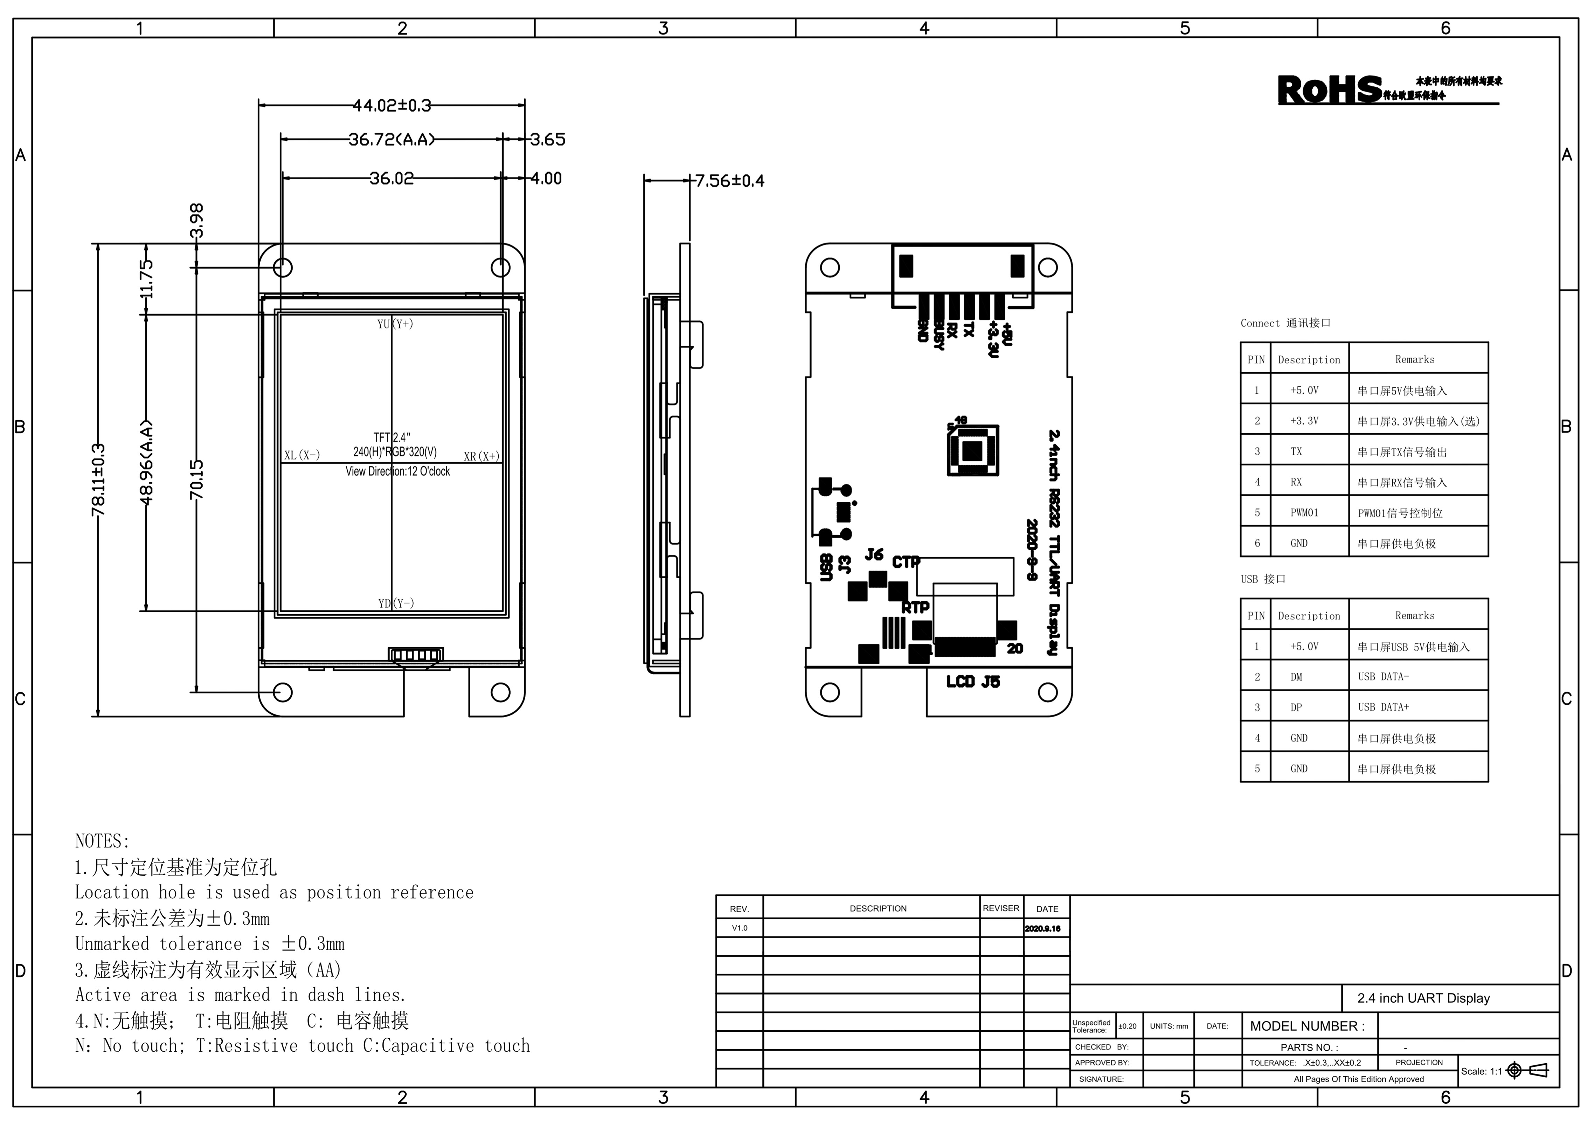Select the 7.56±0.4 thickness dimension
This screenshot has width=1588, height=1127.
click(x=730, y=181)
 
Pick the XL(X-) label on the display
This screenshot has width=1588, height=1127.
click(x=302, y=455)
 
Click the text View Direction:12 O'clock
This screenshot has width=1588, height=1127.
click(x=397, y=471)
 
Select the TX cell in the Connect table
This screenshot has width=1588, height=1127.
click(x=1296, y=451)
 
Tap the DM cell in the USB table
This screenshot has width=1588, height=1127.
click(x=1296, y=677)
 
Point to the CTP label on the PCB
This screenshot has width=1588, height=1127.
click(x=905, y=561)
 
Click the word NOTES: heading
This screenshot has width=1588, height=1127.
click(x=102, y=841)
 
